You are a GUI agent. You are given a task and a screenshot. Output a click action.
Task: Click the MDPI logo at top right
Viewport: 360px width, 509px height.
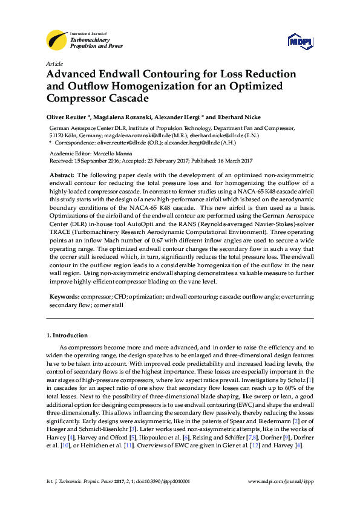(x=299, y=41)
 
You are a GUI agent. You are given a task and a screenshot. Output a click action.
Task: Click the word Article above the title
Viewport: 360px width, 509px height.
(x=54, y=63)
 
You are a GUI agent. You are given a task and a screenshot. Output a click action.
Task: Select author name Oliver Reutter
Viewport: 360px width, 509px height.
(x=67, y=116)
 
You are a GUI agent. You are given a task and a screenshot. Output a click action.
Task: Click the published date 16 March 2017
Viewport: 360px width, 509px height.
(x=232, y=161)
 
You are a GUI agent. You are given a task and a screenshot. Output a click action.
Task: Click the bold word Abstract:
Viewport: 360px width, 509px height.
(x=61, y=174)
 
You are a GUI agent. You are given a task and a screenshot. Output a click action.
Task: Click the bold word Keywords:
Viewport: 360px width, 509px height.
(x=63, y=297)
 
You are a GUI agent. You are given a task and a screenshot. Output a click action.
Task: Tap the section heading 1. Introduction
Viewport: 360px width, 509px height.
(x=67, y=335)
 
